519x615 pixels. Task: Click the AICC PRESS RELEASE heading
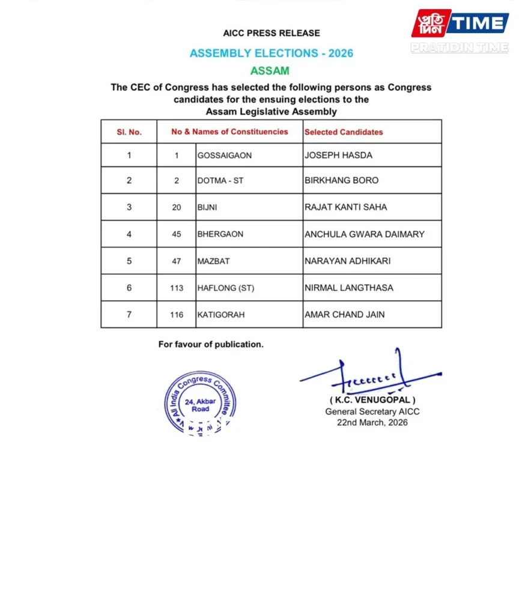click(x=272, y=33)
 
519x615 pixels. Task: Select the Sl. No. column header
click(x=129, y=132)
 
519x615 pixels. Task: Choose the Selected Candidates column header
click(x=344, y=132)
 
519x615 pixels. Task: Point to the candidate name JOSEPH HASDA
click(x=338, y=156)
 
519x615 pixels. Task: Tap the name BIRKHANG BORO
click(x=342, y=181)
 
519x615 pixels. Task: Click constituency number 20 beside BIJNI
click(x=176, y=207)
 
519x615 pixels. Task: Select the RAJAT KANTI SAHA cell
click(x=346, y=207)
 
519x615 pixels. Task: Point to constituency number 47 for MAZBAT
click(x=176, y=261)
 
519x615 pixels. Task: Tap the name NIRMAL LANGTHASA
click(x=349, y=288)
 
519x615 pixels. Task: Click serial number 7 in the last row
click(x=129, y=315)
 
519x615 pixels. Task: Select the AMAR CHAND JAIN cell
click(x=345, y=315)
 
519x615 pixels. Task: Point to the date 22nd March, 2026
click(x=372, y=423)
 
